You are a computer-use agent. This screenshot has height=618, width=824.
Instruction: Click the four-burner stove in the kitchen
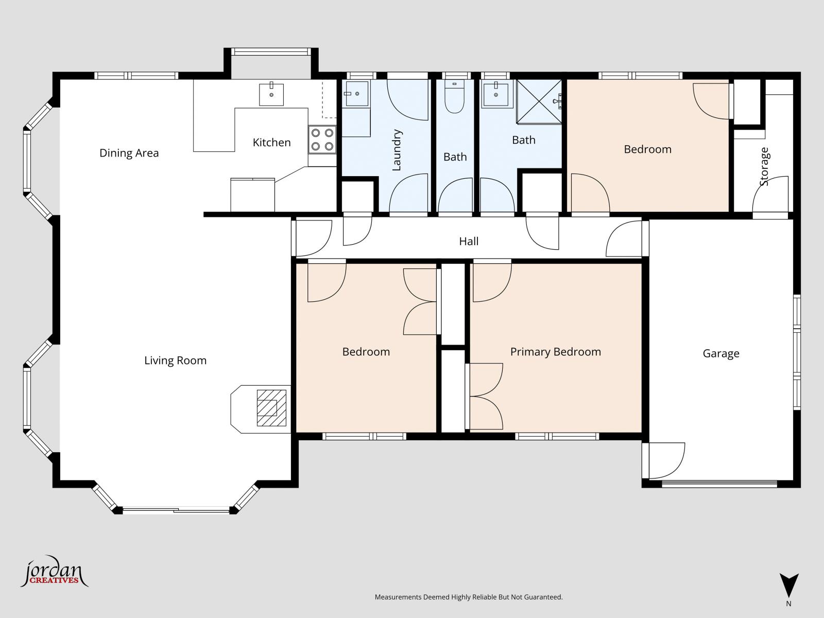point(322,140)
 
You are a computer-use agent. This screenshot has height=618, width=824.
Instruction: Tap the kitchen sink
point(271,94)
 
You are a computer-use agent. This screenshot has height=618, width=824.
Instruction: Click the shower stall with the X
point(539,102)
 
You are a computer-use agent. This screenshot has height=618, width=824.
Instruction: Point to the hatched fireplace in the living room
point(271,408)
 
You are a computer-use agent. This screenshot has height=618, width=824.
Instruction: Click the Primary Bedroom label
point(555,352)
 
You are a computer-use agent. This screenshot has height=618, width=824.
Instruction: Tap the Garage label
point(720,353)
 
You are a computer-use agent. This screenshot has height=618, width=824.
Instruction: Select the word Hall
point(469,241)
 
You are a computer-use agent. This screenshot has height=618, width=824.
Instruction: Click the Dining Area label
point(129,153)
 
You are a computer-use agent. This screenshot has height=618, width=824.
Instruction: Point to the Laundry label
point(397,150)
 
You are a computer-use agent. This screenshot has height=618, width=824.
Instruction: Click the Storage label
point(764,166)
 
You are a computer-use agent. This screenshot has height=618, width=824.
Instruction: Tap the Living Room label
point(175,360)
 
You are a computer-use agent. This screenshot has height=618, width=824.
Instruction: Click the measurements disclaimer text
point(468,597)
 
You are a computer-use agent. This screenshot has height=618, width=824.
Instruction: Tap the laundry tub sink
point(356,94)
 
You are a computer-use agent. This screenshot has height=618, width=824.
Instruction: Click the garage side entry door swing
point(665,460)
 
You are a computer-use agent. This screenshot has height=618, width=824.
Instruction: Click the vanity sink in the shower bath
point(496,94)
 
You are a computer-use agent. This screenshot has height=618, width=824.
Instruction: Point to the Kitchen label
point(271,143)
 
